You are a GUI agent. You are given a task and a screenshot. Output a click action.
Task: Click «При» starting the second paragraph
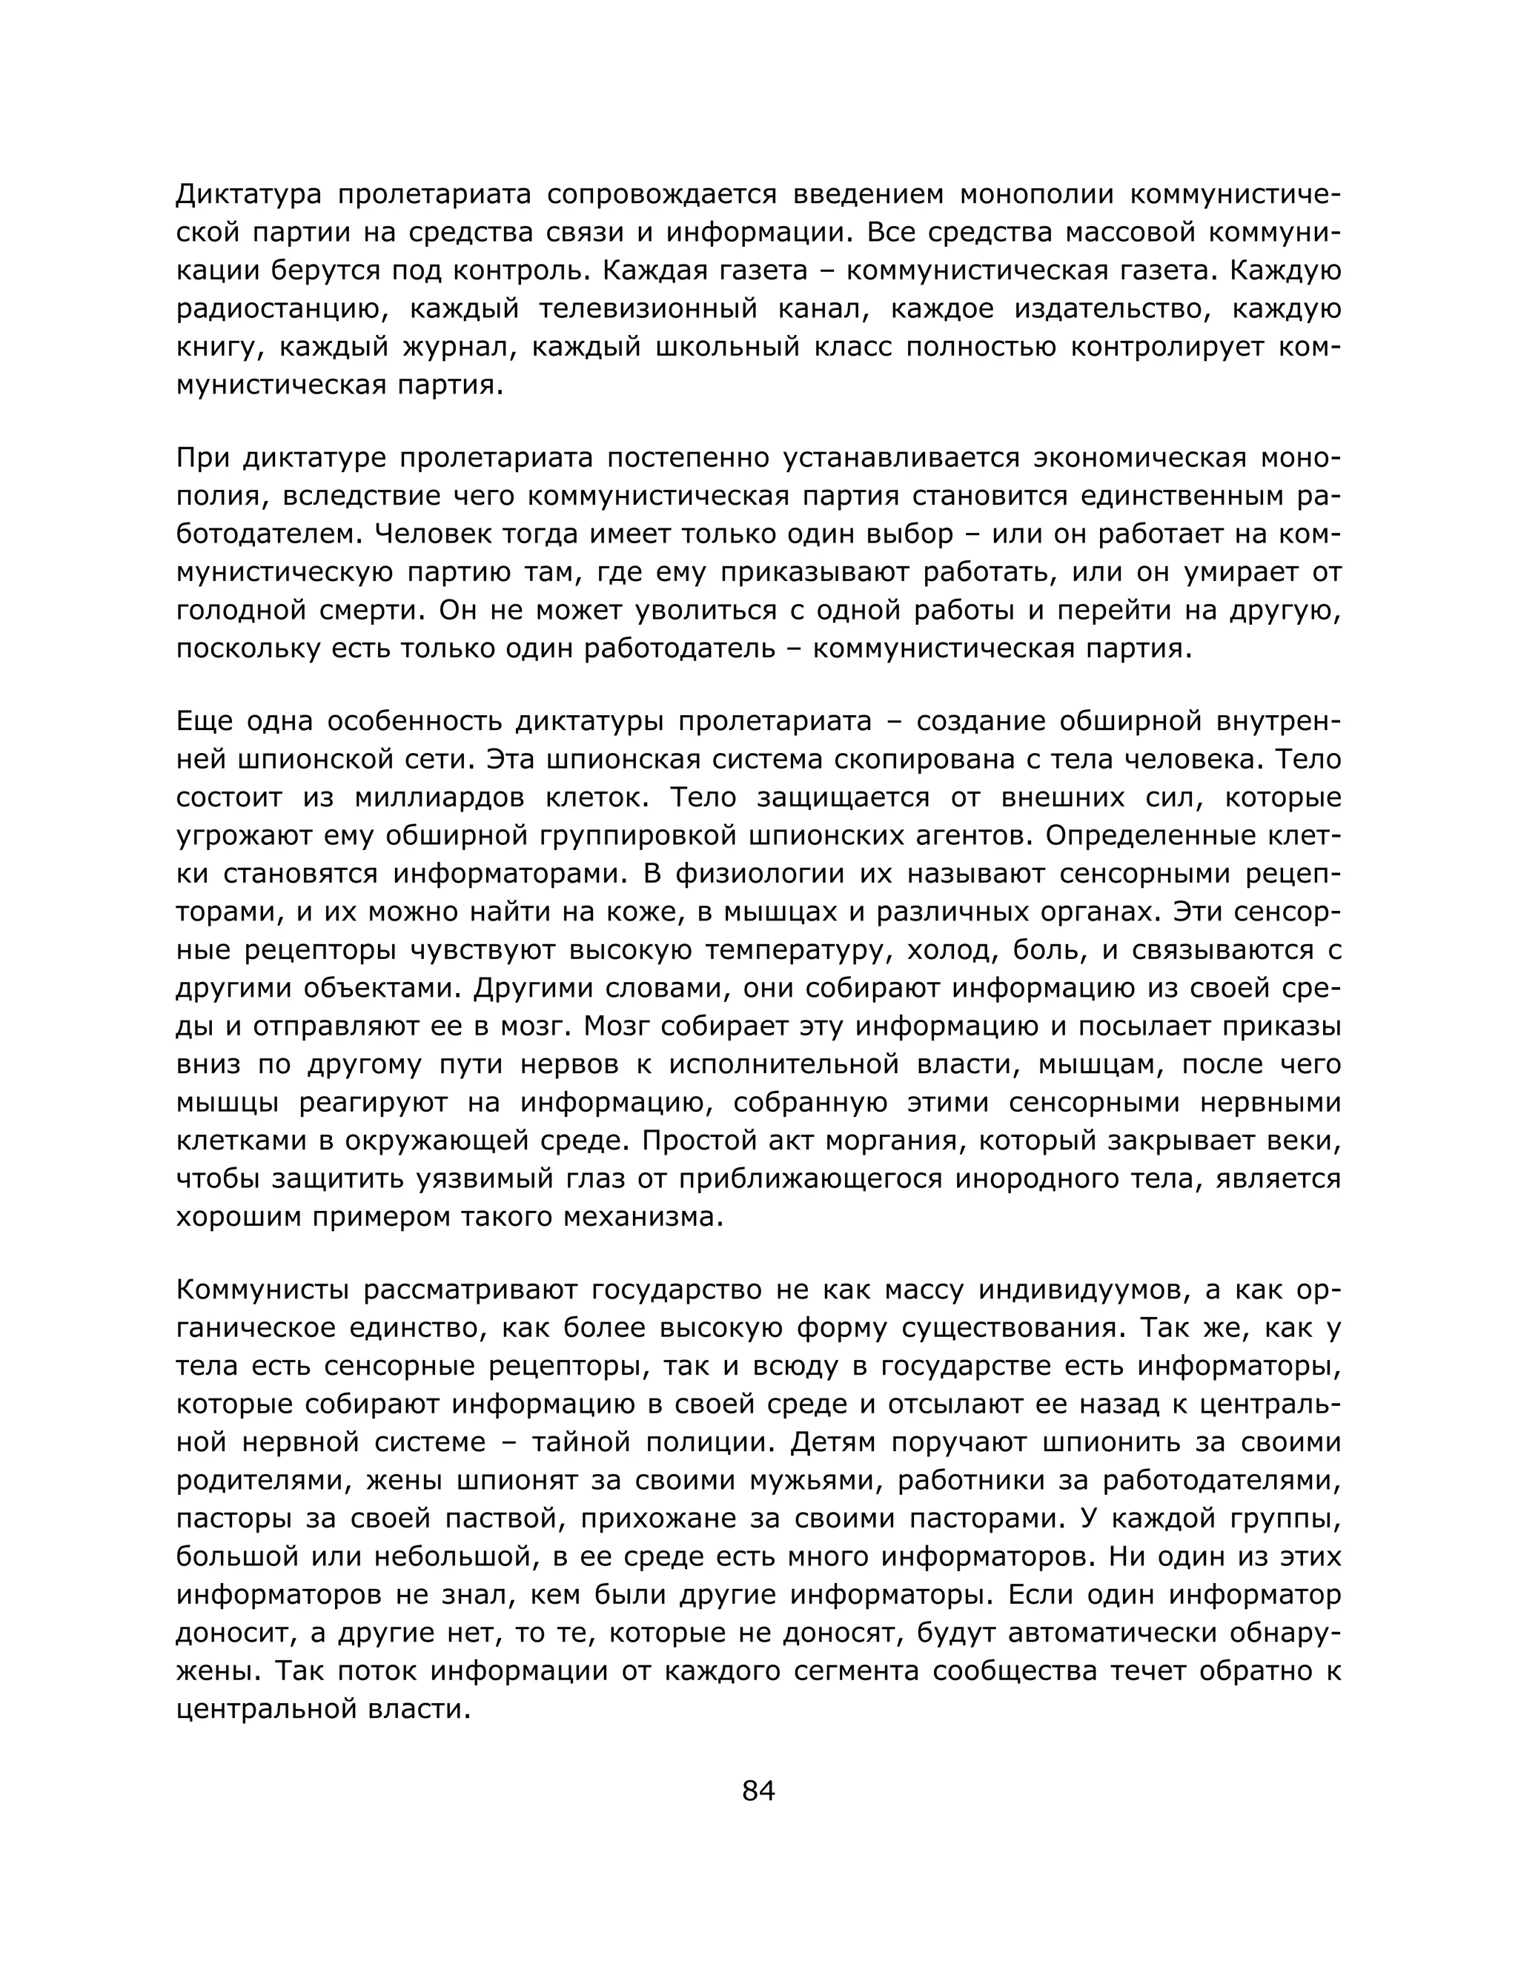pos(203,459)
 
